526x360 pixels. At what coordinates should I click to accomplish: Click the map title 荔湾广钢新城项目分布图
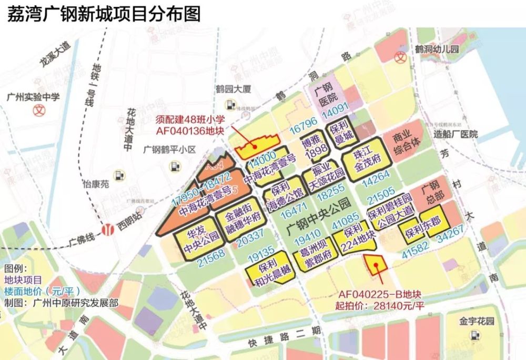104,14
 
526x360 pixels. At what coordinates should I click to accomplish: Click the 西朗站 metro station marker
109,230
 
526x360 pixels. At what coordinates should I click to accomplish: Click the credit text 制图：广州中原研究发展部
61,303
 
